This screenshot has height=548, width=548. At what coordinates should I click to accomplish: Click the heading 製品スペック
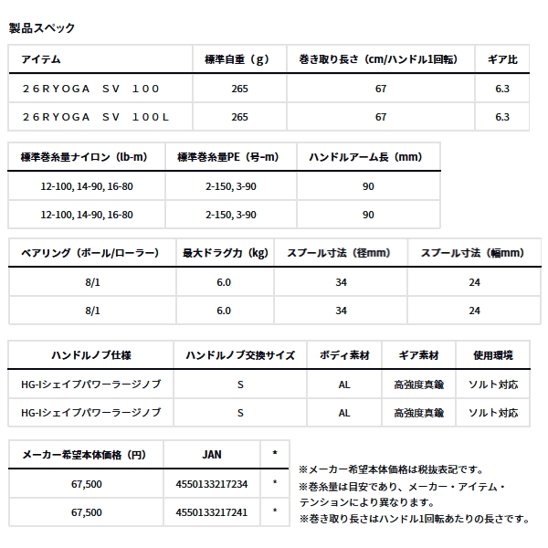click(41, 28)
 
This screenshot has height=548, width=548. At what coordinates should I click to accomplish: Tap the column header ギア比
click(501, 59)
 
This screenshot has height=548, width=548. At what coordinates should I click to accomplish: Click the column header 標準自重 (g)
click(241, 59)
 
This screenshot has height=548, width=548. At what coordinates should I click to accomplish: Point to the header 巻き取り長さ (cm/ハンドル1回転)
click(381, 59)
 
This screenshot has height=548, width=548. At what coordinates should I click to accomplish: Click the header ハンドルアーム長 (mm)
click(368, 157)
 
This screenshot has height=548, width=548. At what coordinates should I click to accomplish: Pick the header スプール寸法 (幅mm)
click(474, 253)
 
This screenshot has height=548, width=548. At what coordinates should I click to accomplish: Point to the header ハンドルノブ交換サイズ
click(239, 354)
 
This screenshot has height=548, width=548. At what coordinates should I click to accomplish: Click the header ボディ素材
click(344, 354)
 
